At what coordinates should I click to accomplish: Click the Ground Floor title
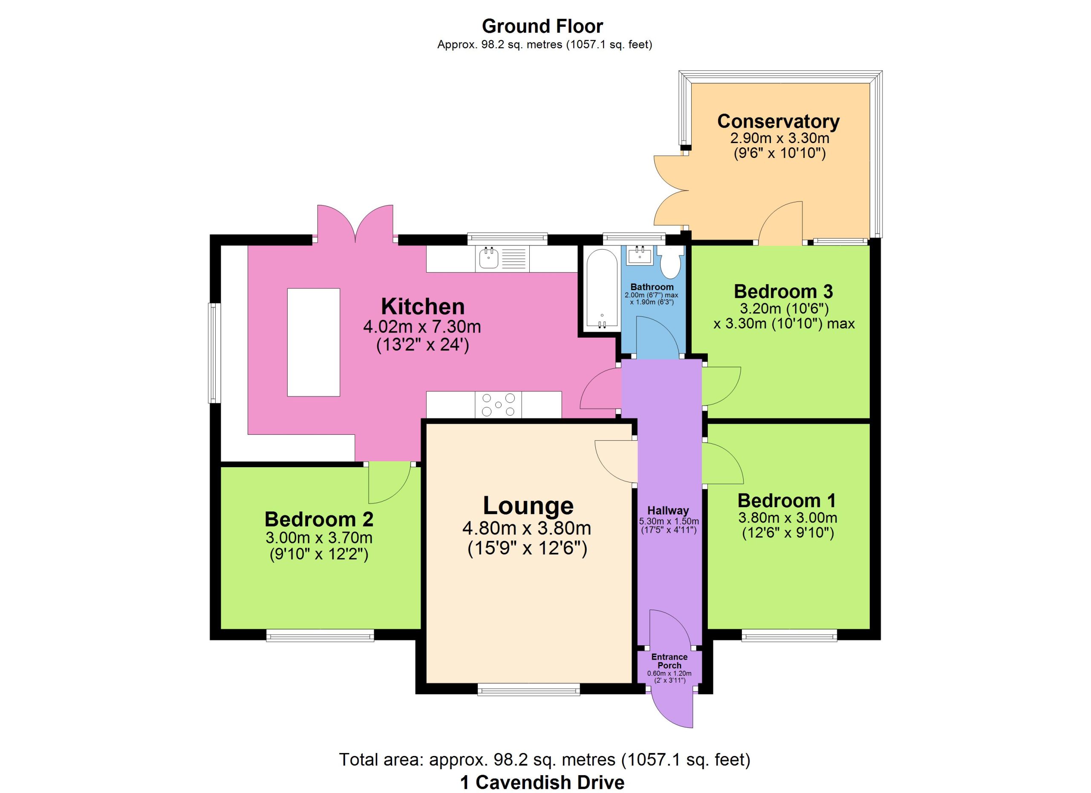(542, 26)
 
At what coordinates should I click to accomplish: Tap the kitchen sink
(502, 259)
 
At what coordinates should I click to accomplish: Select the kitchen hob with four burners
(498, 405)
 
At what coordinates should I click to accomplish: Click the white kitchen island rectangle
(314, 342)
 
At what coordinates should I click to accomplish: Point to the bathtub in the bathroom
(602, 289)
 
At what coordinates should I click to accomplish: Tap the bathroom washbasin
(640, 255)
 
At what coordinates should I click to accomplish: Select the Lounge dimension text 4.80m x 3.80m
(527, 529)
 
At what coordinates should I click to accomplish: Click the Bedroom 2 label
(319, 519)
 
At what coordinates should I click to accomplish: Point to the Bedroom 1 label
(787, 501)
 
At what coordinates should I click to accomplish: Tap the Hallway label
(668, 511)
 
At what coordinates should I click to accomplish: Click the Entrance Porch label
(670, 661)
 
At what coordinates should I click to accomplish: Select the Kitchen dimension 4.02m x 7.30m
(422, 327)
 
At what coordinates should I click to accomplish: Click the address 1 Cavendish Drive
(542, 782)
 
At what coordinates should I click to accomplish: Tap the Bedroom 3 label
(784, 292)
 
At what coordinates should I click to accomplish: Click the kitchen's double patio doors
(355, 224)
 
